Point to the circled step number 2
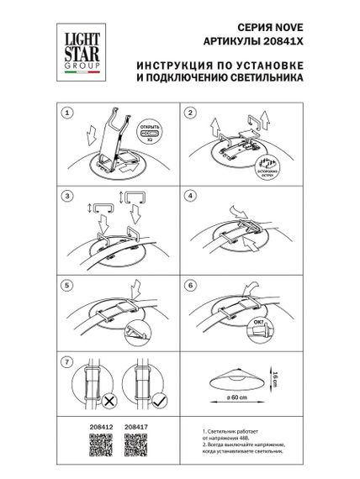click(x=190, y=111)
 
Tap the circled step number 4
click(x=190, y=195)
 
